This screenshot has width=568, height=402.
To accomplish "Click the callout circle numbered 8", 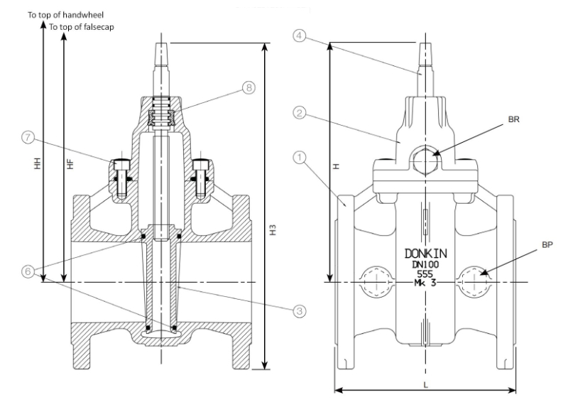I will click(x=246, y=89).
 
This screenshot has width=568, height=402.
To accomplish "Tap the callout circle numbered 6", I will click(x=28, y=272).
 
